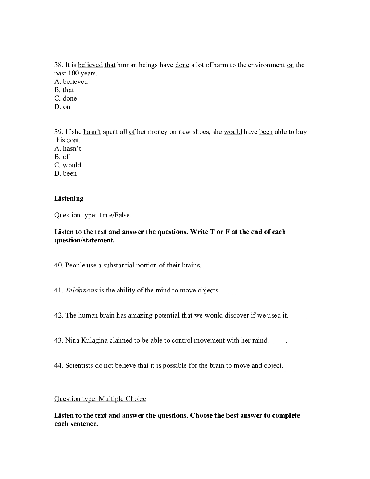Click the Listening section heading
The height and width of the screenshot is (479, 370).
tap(69, 198)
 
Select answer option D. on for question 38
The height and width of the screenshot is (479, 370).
tap(62, 107)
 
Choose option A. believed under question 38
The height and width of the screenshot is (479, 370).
tap(71, 82)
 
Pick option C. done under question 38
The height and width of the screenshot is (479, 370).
tap(66, 98)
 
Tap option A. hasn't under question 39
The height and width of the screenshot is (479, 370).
tap(68, 148)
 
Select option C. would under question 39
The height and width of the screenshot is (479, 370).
tap(68, 165)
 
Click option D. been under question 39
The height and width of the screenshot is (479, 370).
tap(66, 173)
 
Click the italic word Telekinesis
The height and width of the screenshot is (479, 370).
tap(81, 290)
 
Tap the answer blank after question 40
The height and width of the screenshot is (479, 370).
tap(211, 266)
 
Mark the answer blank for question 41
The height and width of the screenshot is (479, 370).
tap(229, 291)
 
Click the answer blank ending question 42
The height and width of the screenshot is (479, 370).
tap(297, 316)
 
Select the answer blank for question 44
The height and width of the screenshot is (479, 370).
tap(292, 366)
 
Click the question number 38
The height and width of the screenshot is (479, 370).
tap(59, 65)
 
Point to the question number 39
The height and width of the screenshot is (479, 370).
tap(59, 132)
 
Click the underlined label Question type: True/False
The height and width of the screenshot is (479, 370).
tap(92, 215)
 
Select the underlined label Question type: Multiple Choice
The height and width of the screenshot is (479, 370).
tap(100, 399)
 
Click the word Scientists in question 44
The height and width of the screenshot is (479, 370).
tap(79, 365)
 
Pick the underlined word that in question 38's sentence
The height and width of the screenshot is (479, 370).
tap(110, 65)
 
